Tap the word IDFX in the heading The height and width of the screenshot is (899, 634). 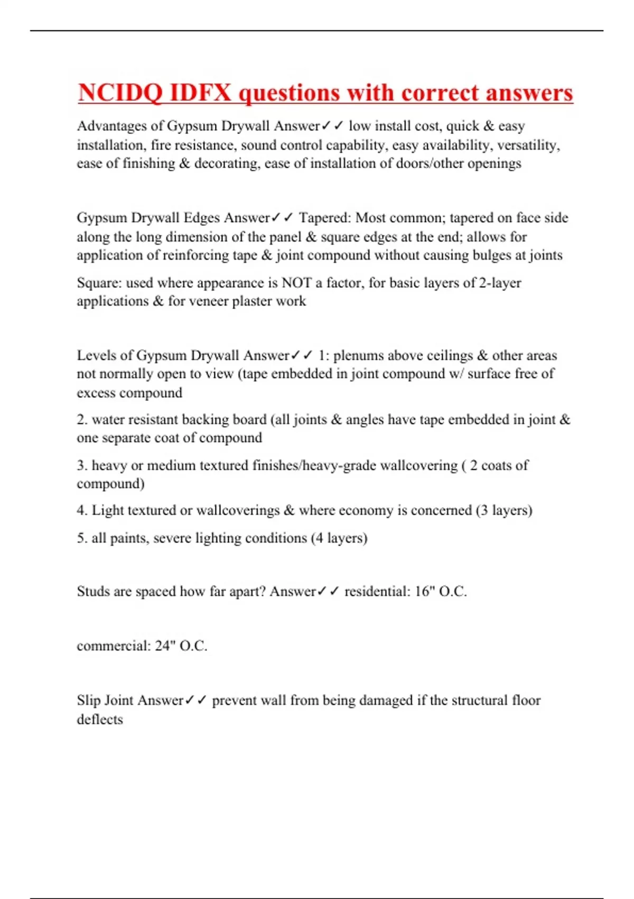(x=201, y=93)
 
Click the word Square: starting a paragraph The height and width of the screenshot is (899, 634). (x=99, y=283)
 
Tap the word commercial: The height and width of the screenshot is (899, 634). (x=114, y=646)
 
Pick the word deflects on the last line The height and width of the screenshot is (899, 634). (x=100, y=719)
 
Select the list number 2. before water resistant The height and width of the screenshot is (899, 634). (x=82, y=419)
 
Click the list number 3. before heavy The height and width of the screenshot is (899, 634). (x=82, y=465)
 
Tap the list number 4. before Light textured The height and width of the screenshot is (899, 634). (x=82, y=510)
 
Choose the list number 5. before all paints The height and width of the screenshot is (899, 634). (x=82, y=538)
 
